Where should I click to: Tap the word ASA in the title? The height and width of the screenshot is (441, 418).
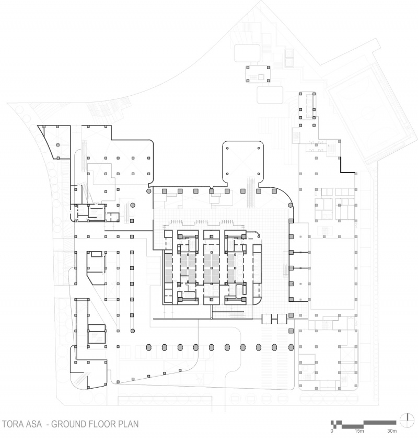point(35,424)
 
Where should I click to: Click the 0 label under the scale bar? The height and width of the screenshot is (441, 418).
point(332,431)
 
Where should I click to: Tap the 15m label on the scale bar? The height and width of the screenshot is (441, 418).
point(359,431)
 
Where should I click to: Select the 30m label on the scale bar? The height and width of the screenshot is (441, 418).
point(392,431)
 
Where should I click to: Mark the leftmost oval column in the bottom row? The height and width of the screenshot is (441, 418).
point(149,348)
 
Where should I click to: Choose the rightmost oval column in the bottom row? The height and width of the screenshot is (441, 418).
point(291,348)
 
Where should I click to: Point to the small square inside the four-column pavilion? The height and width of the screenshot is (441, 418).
point(261,76)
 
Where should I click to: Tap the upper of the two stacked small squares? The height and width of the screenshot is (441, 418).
point(289,53)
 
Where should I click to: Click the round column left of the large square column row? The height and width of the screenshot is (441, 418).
point(149,191)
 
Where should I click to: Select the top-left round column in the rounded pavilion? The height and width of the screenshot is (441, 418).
point(227,148)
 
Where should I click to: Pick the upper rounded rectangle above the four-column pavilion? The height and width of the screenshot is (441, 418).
point(247,53)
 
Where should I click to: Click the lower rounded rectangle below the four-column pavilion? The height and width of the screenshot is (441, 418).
point(270,95)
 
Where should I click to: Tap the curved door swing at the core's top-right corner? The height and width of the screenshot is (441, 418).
point(256,233)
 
